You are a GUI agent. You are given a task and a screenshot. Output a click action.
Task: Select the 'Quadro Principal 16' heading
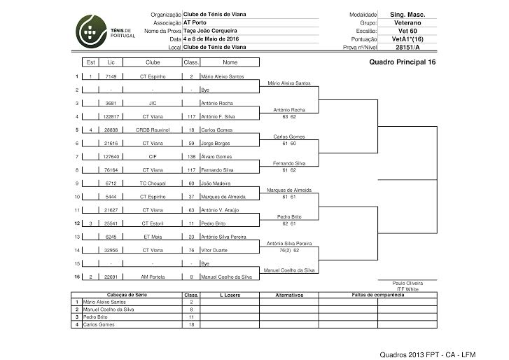click(x=401, y=62)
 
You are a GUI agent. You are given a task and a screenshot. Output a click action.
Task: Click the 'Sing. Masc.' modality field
click(x=407, y=15)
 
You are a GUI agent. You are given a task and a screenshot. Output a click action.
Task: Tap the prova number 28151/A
click(x=407, y=48)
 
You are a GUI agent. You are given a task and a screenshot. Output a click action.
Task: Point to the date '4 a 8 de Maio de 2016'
click(x=209, y=39)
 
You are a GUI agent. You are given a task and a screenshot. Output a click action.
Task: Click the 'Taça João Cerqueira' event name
click(x=209, y=31)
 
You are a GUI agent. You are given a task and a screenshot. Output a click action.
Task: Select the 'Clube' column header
click(x=153, y=62)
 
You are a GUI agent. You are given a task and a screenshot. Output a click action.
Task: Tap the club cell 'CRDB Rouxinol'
click(x=153, y=130)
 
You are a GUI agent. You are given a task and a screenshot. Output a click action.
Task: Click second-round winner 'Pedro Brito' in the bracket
click(x=289, y=216)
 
